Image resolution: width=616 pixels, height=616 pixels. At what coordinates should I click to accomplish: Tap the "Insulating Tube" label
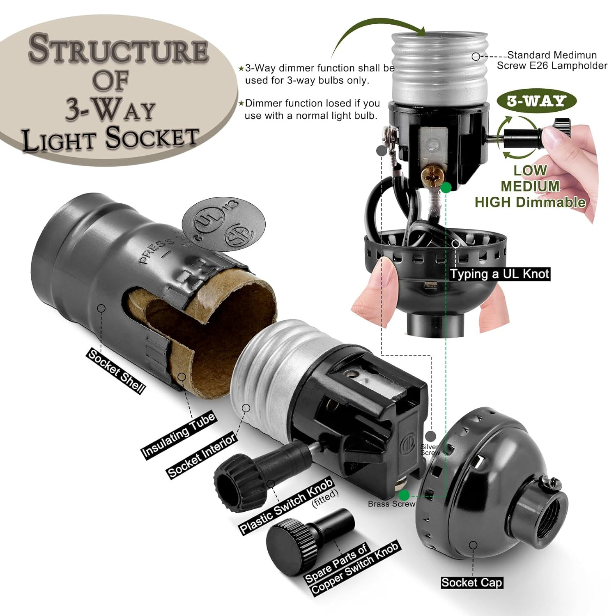178,436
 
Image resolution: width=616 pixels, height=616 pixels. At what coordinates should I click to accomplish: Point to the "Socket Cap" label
471,582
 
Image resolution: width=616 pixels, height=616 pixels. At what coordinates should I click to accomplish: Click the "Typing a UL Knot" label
499,274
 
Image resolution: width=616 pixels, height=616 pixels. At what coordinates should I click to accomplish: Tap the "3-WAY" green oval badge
536,101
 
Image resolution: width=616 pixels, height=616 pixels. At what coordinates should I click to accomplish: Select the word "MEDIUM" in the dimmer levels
530,186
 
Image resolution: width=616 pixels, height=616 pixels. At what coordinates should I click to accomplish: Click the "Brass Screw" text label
391,504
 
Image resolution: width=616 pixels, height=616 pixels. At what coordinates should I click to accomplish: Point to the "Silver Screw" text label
430,450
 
